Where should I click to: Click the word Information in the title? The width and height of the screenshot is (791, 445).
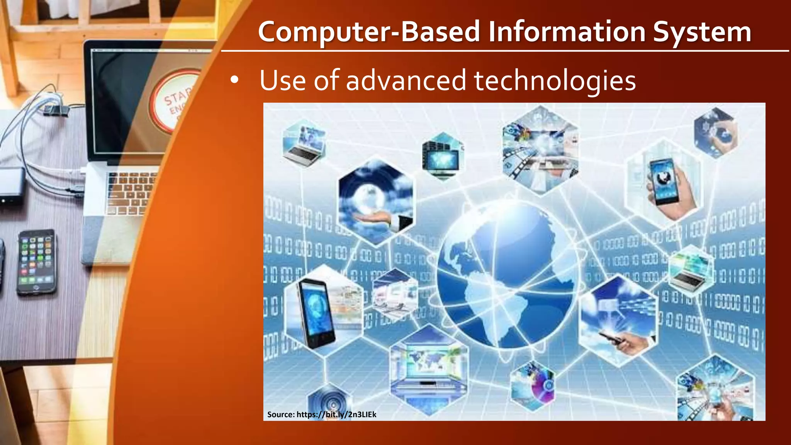[567, 32]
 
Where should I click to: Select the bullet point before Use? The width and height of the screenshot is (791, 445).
[234, 80]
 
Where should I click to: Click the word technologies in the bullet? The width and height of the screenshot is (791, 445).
[555, 81]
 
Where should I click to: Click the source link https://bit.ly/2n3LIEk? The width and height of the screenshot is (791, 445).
[336, 414]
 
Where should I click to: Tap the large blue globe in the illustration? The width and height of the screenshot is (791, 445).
[506, 274]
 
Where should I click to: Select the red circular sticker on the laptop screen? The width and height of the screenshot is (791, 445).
[176, 100]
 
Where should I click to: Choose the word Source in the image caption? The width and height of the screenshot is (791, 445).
[280, 414]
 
